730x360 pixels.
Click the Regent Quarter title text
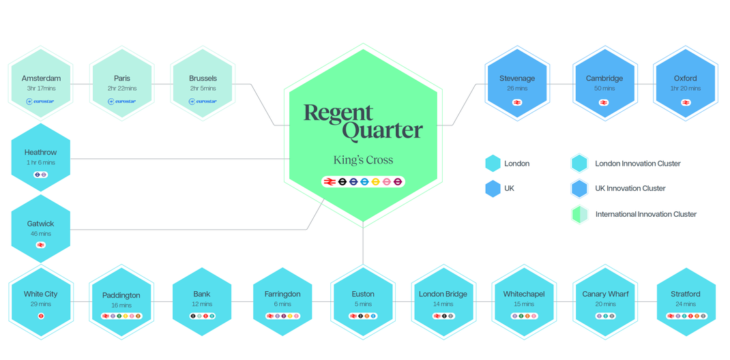click(x=363, y=122)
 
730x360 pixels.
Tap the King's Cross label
click(x=363, y=160)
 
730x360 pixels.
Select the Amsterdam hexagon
click(x=41, y=84)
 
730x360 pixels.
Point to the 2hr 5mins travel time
click(x=203, y=89)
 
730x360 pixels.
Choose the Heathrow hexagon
click(x=41, y=157)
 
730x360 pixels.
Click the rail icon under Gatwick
click(x=41, y=245)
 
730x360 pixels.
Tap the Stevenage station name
click(x=516, y=78)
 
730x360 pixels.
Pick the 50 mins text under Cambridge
click(x=604, y=89)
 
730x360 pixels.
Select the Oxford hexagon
click(x=685, y=84)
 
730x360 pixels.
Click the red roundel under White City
click(x=41, y=316)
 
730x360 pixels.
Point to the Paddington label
click(x=121, y=295)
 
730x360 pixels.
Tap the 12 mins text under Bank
click(x=202, y=304)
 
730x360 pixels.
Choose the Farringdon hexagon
click(x=282, y=301)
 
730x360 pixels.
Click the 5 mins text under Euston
click(x=363, y=304)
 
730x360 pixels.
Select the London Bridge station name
click(x=443, y=294)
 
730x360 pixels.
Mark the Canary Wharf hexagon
click(x=604, y=301)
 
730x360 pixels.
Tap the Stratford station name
click(x=685, y=294)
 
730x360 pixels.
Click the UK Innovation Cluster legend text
click(x=630, y=188)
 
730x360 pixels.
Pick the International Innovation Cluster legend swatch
click(x=580, y=214)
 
